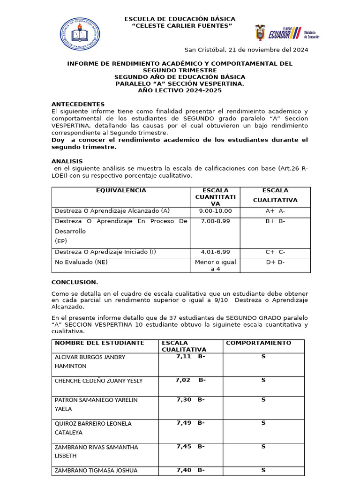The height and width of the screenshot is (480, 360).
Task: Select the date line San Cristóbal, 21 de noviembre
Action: [x=246, y=50]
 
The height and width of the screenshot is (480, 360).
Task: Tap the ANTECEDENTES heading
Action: [x=78, y=104]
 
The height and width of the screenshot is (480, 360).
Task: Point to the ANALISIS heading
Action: [x=67, y=161]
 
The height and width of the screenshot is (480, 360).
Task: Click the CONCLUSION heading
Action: [x=75, y=282]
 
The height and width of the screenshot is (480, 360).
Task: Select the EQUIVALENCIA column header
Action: [x=121, y=190]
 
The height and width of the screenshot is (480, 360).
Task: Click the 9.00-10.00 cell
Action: [x=215, y=211]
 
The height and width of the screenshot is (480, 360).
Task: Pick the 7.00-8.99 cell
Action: [x=215, y=221]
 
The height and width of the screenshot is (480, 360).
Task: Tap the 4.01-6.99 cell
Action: [x=215, y=252]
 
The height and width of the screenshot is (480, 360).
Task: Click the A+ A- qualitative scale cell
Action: [x=275, y=211]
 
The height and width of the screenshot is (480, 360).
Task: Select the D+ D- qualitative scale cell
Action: [x=275, y=262]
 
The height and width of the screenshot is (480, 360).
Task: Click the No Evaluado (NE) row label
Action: [x=81, y=262]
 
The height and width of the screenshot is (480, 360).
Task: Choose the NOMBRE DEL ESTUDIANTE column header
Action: [x=99, y=343]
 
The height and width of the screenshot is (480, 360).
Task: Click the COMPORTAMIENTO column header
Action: [x=258, y=343]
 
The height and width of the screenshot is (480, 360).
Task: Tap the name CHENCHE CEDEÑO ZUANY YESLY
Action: [x=99, y=381]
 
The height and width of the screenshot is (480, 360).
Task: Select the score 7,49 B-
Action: [x=190, y=423]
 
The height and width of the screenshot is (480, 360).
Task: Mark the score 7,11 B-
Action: [x=190, y=357]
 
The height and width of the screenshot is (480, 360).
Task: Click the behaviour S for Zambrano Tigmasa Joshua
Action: [x=263, y=470]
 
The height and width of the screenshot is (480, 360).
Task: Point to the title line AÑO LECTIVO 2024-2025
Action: [x=180, y=90]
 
